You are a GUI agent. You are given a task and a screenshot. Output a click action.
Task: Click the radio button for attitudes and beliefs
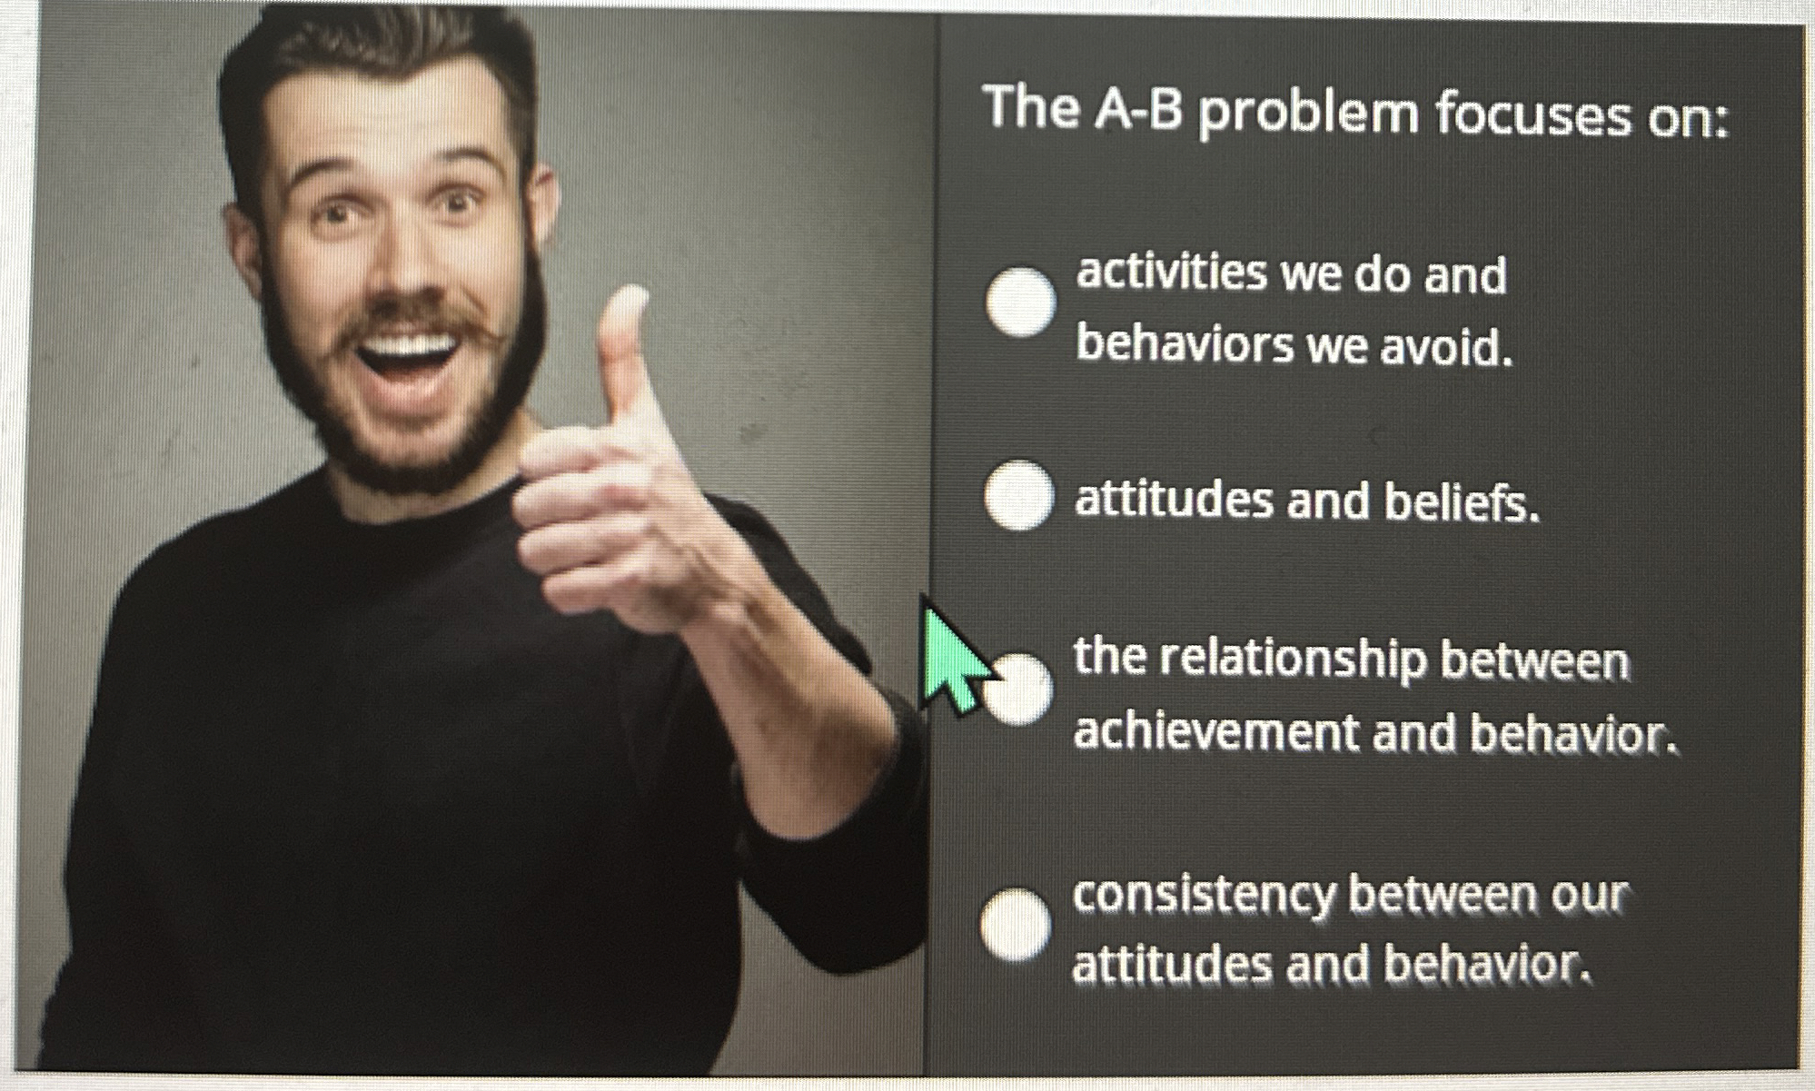1019,495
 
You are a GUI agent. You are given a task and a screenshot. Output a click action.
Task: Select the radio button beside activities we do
1021,303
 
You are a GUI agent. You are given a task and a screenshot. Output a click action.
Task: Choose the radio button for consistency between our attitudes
1016,924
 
